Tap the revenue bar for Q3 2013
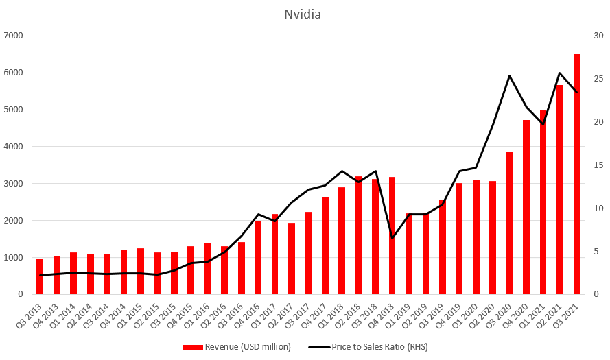pyautogui.click(x=40, y=276)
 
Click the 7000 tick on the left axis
pyautogui.click(x=14, y=36)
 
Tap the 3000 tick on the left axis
pyautogui.click(x=14, y=184)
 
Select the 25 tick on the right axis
pyautogui.click(x=598, y=79)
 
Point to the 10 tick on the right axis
pyautogui.click(x=598, y=208)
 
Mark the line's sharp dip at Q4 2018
pyautogui.click(x=392, y=238)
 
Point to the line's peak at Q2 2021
pyautogui.click(x=560, y=73)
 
